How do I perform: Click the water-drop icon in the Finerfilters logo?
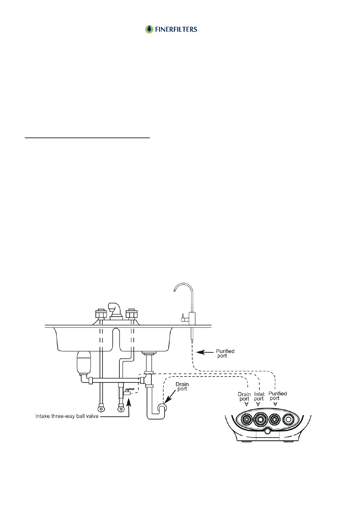(x=149, y=29)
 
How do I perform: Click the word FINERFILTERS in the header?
(x=176, y=29)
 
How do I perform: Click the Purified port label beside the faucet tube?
(x=225, y=353)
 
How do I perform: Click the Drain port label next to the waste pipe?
(x=182, y=387)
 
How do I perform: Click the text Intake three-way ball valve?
(x=67, y=416)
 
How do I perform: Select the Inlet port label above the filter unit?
(x=259, y=396)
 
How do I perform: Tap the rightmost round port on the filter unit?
(x=288, y=420)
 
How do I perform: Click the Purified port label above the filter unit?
(x=277, y=396)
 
